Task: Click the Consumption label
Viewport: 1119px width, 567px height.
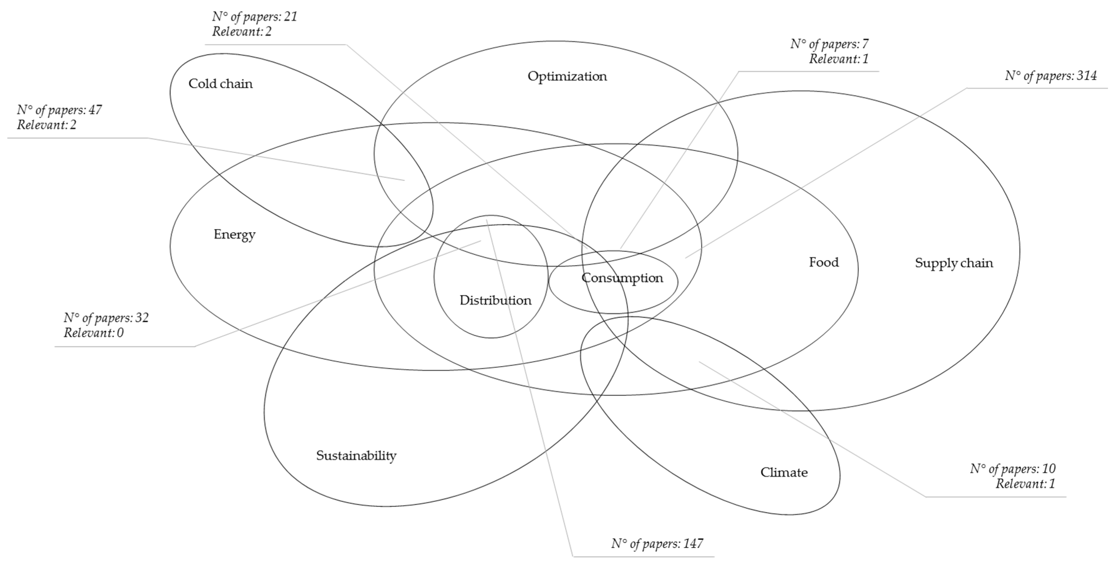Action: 622,278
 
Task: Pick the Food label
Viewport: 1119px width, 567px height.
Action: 823,262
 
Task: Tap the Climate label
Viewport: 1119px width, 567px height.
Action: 784,472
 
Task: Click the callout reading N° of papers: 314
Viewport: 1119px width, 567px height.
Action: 1050,76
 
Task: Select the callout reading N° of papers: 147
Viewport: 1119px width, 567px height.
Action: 657,543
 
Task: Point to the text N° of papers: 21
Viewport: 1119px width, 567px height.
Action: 254,17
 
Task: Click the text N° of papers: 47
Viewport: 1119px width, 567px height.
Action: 59,110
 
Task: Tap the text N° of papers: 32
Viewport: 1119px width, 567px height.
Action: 106,318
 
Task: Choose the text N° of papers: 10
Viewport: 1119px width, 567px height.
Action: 1012,469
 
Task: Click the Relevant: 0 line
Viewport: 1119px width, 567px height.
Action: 93,333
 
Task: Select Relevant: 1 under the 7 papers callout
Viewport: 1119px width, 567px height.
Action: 838,59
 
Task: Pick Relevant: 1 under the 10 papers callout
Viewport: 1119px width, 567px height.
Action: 1025,484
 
